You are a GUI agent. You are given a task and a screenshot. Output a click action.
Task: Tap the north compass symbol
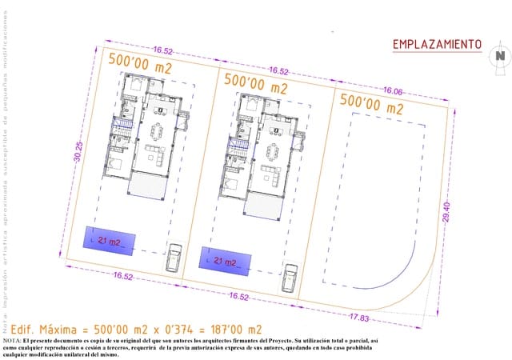pos(499,55)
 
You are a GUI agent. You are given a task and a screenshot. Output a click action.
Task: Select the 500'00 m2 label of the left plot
pos(141,67)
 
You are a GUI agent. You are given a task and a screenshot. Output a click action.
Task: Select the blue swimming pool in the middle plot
pos(225,259)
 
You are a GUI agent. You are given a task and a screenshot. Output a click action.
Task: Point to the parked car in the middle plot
pos(290,278)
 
